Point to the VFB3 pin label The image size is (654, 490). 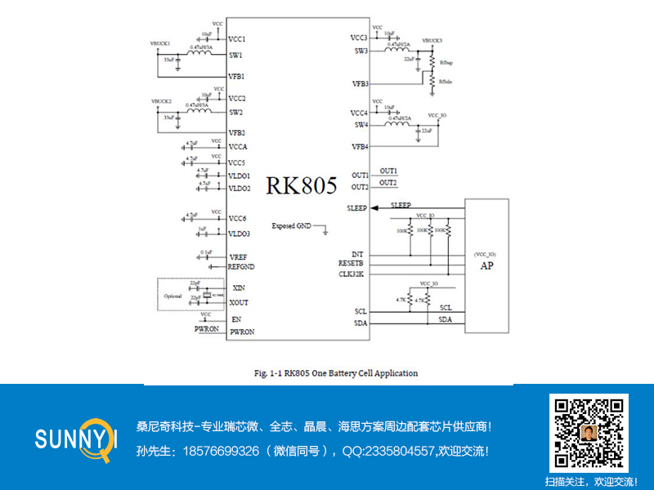[x=360, y=84]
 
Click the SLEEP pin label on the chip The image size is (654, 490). [x=357, y=208]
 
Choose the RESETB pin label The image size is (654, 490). [x=352, y=264]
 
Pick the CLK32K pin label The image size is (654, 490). [x=352, y=274]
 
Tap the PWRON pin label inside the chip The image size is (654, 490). [x=242, y=332]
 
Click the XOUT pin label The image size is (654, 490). [x=240, y=302]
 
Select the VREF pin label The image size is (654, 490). [x=238, y=257]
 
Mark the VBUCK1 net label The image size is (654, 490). [x=160, y=42]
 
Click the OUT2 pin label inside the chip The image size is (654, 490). [x=360, y=187]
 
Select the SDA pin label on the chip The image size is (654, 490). [x=361, y=323]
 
